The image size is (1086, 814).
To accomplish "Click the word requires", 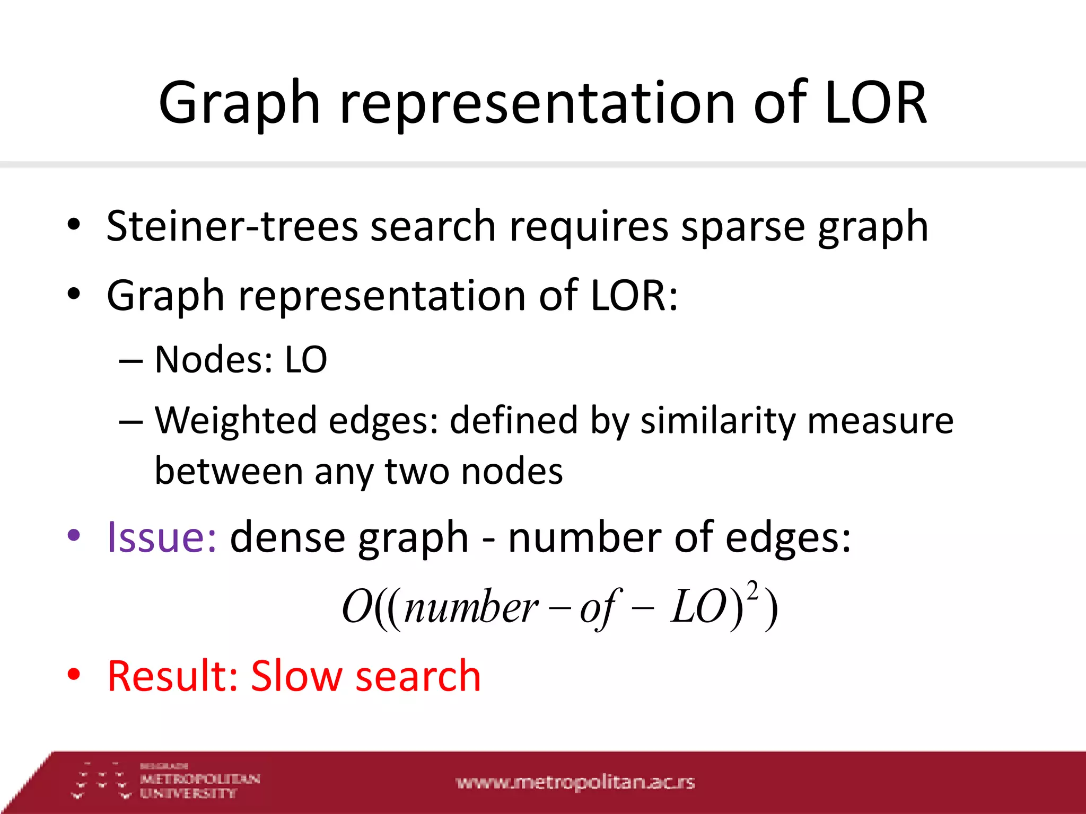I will [x=589, y=226].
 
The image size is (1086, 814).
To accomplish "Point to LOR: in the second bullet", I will [x=634, y=295].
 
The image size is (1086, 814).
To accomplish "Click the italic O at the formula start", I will [x=356, y=607].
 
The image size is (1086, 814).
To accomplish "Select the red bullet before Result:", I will [x=74, y=675].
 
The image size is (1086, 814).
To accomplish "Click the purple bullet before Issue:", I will [x=74, y=535].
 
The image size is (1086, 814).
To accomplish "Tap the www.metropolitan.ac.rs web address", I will [x=575, y=782].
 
